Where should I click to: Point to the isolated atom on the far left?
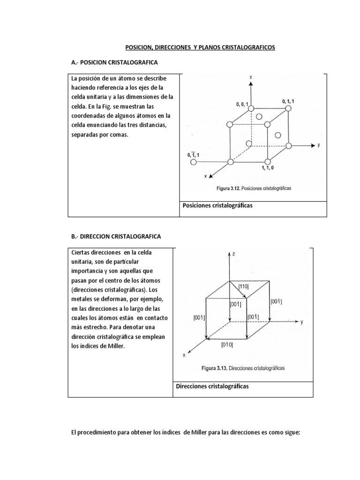pyautogui.click(x=193, y=162)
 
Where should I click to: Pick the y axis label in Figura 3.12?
pyautogui.click(x=319, y=145)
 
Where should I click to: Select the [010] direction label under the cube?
pyautogui.click(x=227, y=345)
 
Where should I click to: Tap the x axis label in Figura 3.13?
pyautogui.click(x=184, y=355)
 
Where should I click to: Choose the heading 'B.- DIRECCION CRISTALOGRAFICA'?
pyautogui.click(x=116, y=237)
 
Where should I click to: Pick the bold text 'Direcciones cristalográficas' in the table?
pyautogui.click(x=212, y=387)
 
